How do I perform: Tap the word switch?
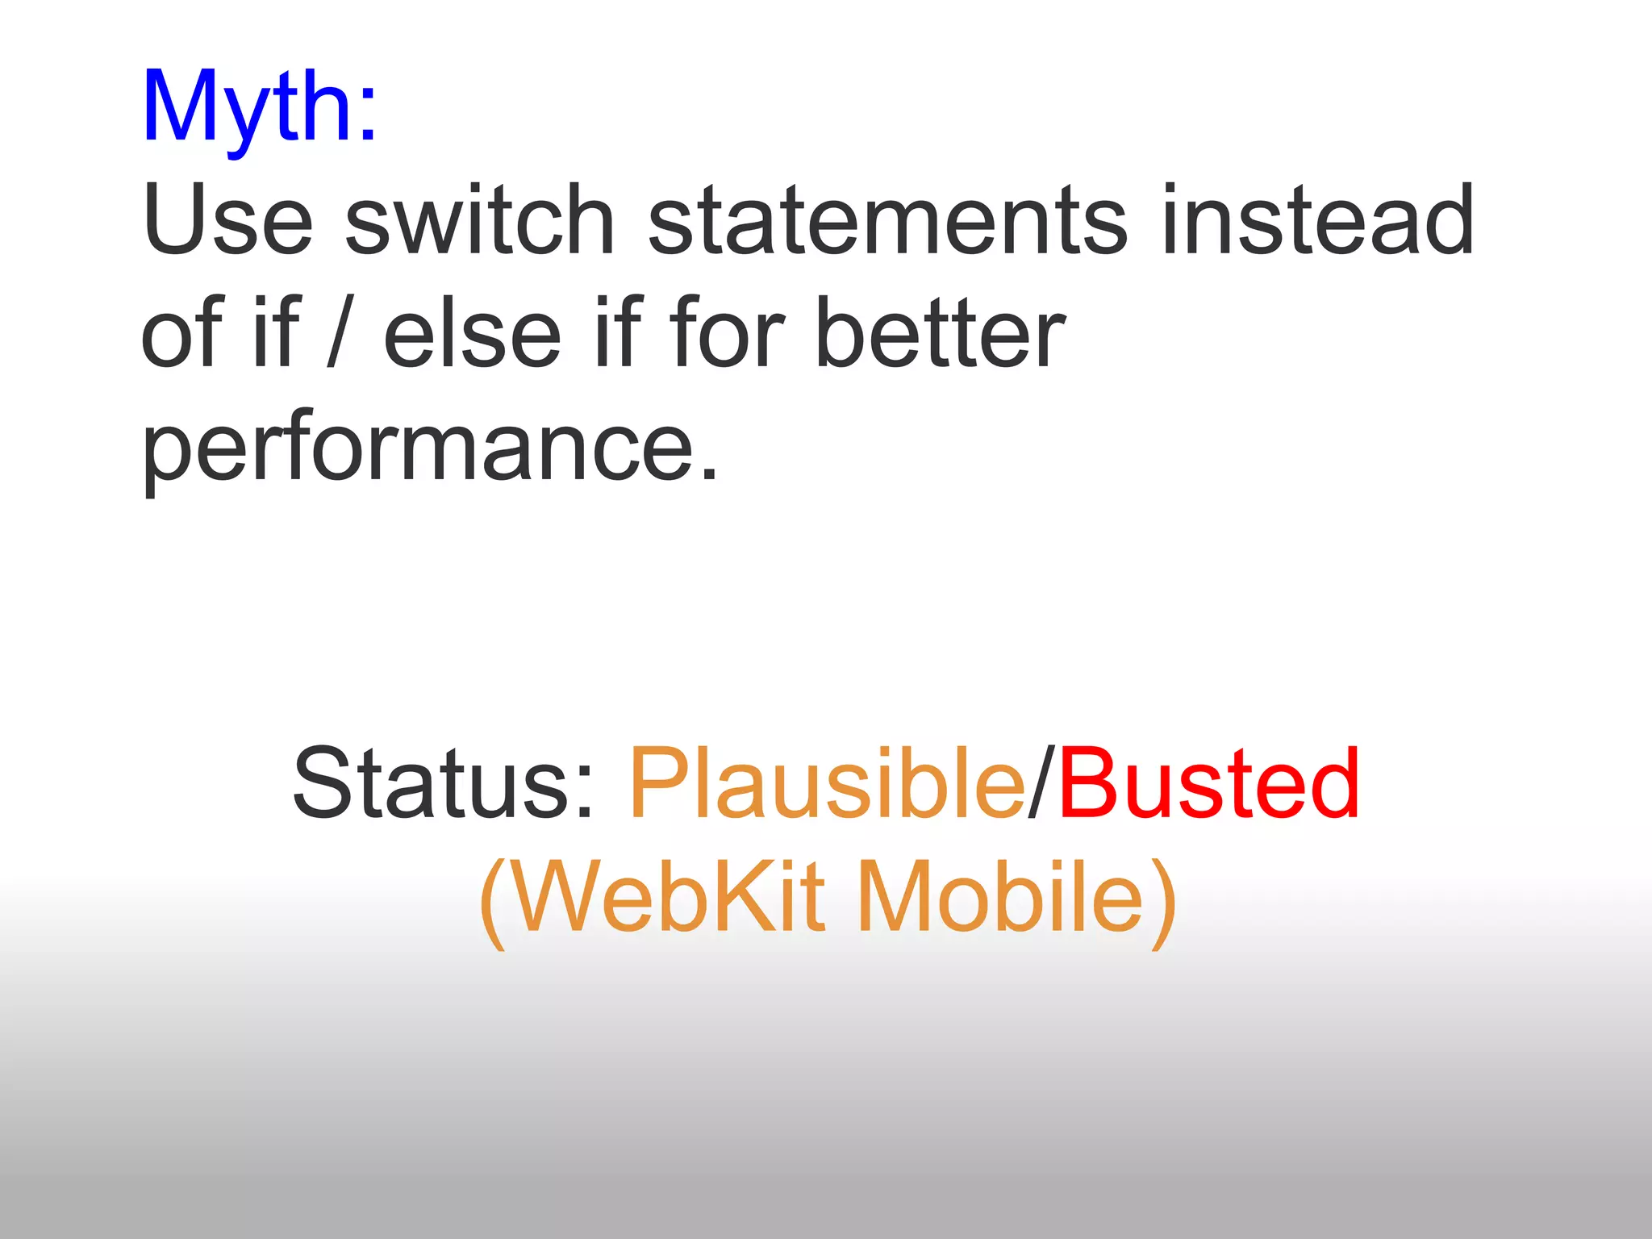(481, 219)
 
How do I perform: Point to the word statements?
(888, 219)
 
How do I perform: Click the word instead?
(1318, 219)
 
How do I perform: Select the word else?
(472, 332)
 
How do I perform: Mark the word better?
(940, 332)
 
